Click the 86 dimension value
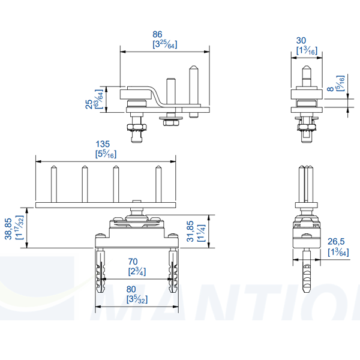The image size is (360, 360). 158,35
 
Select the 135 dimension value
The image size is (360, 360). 103,144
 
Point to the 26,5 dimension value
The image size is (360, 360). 335,242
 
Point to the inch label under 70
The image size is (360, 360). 136,271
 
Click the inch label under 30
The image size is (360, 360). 306,51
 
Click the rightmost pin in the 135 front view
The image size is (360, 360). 158,184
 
